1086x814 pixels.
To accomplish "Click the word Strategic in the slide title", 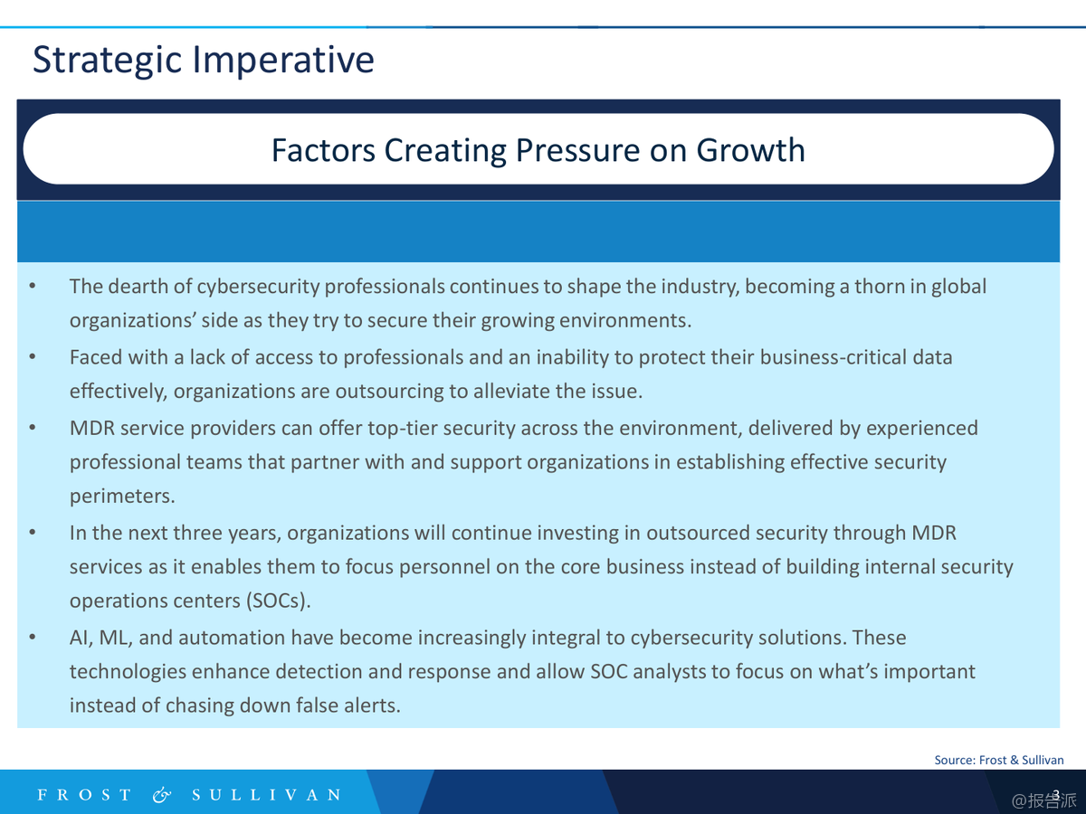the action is [108, 61].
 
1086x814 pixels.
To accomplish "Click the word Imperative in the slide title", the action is [283, 61].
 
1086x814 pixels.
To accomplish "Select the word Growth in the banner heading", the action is [751, 150].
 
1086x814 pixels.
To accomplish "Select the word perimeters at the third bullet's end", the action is [122, 497].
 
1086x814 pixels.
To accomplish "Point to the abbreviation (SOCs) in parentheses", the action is [279, 601].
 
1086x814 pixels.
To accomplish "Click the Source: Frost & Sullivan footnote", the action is [999, 760].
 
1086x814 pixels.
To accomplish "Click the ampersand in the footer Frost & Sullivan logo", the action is [162, 795].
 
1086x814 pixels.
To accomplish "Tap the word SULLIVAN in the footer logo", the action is [267, 795].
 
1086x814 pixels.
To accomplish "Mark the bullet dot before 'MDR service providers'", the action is [33, 428].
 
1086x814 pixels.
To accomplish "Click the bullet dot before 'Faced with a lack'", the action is [33, 357].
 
